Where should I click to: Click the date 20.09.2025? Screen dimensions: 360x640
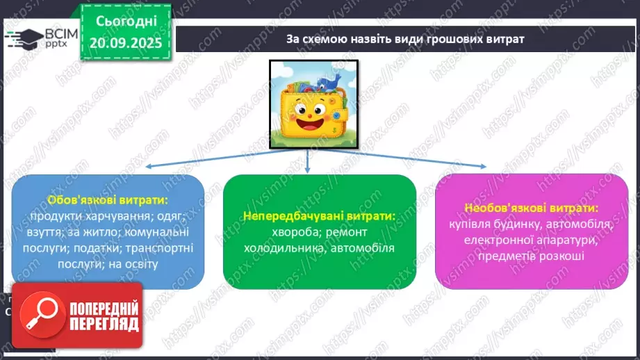click(x=126, y=42)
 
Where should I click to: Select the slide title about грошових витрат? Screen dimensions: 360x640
click(x=404, y=39)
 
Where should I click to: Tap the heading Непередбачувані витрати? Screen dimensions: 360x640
click(x=319, y=216)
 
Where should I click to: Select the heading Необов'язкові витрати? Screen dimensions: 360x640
click(x=532, y=208)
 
